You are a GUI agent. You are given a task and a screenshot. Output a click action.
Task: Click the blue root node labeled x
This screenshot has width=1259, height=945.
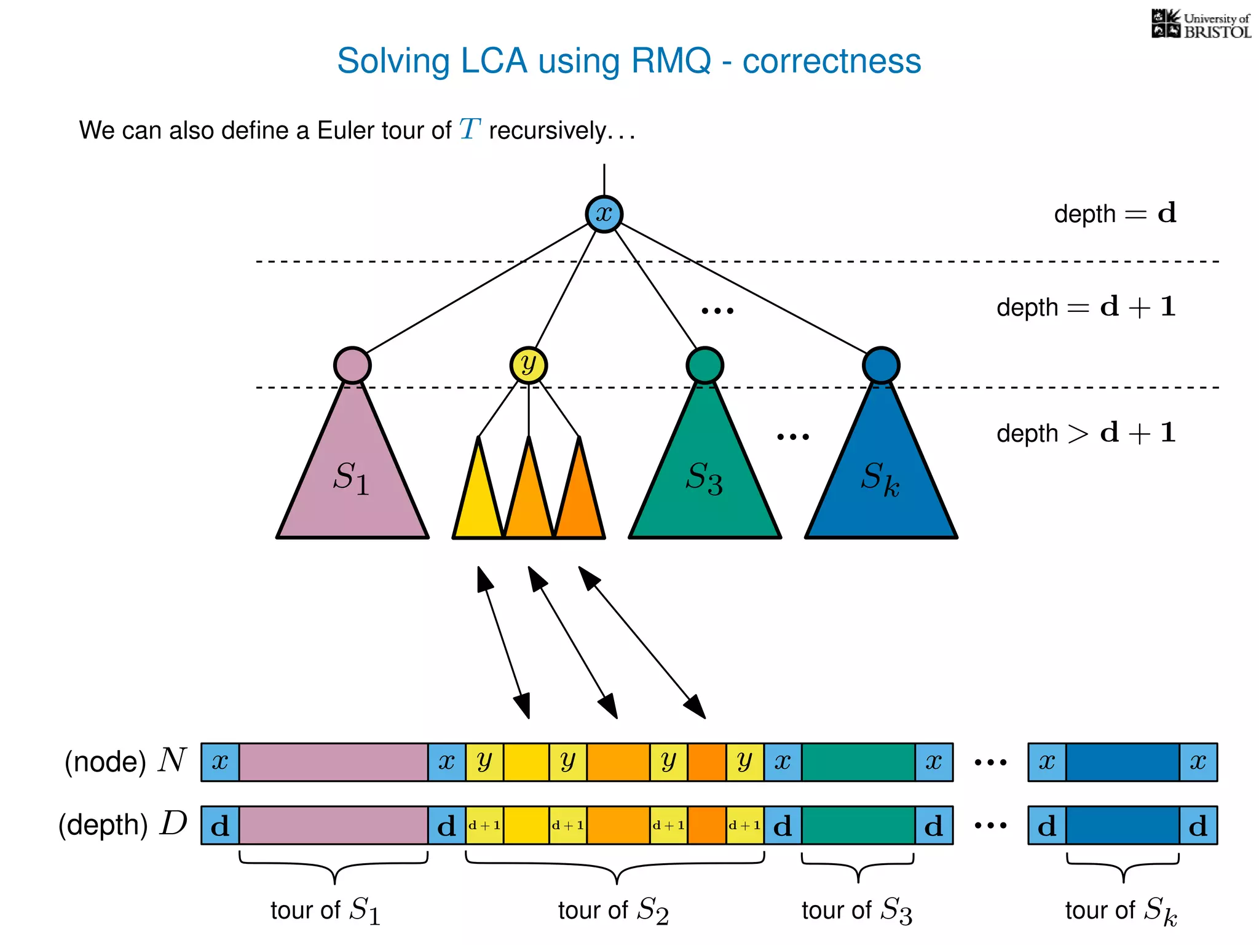coord(604,214)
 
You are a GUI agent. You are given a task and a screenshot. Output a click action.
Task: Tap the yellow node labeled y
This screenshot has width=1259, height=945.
coord(528,365)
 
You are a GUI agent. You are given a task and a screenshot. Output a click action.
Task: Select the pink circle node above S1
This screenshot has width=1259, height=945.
coord(352,365)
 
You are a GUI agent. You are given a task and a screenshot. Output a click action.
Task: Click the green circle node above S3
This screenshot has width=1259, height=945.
coord(704,365)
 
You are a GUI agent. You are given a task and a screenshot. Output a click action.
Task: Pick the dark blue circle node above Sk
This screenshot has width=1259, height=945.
coord(880,365)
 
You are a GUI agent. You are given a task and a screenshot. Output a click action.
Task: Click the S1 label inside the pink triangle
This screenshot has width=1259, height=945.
coord(351,478)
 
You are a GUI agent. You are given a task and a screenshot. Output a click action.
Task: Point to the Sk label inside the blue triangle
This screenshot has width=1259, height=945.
coord(880,478)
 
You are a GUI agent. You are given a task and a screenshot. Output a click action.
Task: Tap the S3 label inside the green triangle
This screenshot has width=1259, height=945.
coord(704,478)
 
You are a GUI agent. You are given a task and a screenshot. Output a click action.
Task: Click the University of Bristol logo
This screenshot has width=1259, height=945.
coord(1201,25)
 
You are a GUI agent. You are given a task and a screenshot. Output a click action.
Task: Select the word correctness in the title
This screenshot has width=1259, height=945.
coord(831,61)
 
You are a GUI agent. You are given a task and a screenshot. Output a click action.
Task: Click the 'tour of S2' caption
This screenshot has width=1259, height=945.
coord(613,910)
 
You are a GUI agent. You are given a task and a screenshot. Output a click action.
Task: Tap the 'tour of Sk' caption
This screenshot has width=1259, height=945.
coord(1121,911)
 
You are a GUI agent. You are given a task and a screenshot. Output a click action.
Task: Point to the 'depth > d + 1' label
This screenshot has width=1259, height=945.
coord(1086,433)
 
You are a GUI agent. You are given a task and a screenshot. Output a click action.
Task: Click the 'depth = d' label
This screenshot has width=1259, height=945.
coord(1115,213)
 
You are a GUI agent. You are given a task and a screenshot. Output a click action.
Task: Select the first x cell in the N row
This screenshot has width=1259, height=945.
coord(220,762)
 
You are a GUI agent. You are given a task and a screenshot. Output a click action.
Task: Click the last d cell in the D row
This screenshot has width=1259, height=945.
coord(1198,826)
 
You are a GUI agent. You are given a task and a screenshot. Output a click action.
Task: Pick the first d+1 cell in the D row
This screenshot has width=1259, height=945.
coord(484,826)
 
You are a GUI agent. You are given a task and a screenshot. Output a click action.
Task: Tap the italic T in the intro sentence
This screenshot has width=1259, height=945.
coord(470,130)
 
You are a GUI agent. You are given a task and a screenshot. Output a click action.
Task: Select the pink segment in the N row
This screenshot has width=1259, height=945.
coord(333,762)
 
